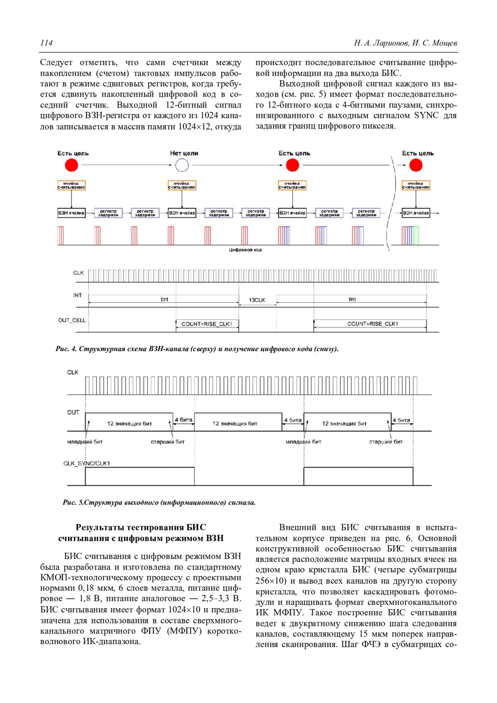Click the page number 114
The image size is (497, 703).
46,43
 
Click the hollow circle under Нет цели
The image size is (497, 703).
182,165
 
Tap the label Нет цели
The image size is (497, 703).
184,153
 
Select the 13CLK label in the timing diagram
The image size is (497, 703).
257,300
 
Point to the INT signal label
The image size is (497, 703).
77,295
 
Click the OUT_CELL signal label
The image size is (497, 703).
72,320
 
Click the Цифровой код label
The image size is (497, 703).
245,250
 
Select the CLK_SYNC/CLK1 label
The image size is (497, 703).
87,463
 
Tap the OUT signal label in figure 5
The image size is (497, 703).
73,412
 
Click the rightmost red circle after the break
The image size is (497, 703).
416,165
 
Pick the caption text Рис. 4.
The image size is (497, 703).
66,349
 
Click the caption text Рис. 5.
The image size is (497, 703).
73,503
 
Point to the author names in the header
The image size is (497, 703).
405,43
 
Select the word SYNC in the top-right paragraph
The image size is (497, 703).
426,116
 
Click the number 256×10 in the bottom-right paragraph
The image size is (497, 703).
270,581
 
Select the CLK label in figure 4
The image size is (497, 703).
78,273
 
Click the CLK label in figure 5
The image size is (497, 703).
73,372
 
